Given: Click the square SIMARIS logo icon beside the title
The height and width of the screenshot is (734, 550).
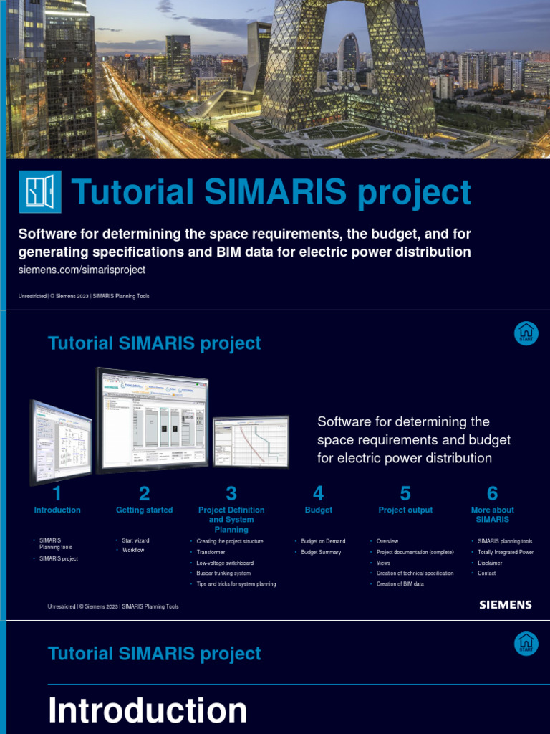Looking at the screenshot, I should point(39,193).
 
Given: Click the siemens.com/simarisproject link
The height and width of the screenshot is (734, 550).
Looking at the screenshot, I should point(82,270).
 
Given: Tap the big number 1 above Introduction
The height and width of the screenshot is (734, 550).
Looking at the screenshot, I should point(57,493).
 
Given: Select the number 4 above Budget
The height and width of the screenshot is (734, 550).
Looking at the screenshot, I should point(319,493).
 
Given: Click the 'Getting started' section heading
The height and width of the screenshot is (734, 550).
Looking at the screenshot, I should point(144,510).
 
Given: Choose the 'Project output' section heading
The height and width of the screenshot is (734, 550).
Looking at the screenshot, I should point(405,510).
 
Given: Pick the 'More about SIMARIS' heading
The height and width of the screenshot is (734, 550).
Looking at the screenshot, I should point(492,515).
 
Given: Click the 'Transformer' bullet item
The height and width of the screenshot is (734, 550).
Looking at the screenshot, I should point(211,552).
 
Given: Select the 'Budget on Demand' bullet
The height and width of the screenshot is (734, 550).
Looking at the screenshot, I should point(323,541).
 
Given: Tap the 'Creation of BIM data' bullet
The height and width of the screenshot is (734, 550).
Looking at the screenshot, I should point(400,584).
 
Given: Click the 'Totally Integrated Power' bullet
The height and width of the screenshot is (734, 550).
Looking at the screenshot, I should point(506,552).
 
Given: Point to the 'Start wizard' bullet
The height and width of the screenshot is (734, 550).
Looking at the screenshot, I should point(135,540).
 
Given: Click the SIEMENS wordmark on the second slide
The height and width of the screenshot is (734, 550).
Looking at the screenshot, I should point(506,605).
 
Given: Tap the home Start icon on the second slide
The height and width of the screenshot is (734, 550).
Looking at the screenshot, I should point(526,333).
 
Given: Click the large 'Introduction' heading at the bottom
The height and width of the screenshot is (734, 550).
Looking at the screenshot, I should point(148,710).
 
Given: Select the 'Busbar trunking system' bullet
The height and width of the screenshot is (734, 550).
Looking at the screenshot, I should point(223,573).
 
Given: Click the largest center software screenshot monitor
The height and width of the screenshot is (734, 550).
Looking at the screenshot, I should point(153,418).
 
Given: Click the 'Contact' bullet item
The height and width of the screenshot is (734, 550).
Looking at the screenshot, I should point(487,573).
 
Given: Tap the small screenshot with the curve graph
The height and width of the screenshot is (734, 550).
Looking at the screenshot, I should point(251,442).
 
